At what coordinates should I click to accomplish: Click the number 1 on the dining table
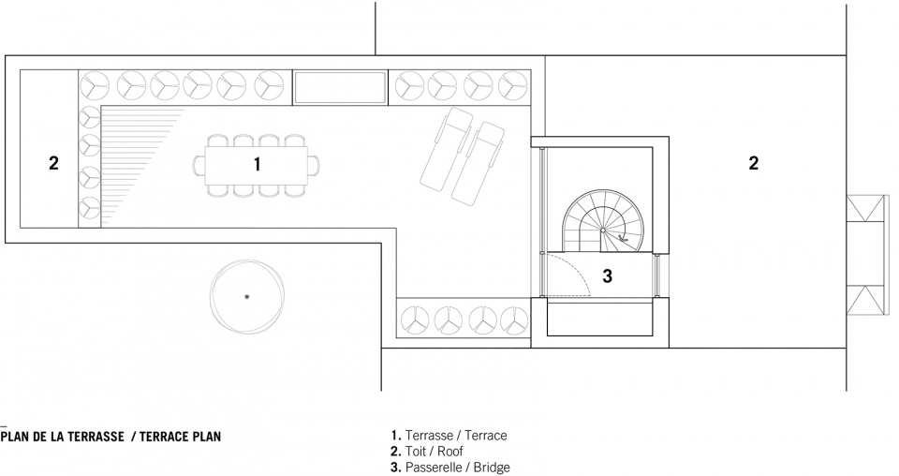coord(258,164)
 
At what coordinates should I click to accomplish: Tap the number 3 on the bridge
coord(607,276)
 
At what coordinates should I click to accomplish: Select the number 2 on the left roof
coord(53,163)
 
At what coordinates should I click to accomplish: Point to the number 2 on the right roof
coord(753,163)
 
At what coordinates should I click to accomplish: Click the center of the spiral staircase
coord(603,230)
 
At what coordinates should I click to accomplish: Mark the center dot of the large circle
coord(246,296)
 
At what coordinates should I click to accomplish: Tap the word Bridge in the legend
coord(492,468)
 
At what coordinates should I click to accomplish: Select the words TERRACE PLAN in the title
coord(180,437)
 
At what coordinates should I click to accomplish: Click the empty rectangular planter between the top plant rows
coord(340,88)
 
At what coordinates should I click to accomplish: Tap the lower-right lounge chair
coord(478,162)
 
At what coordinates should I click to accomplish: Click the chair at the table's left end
coord(199,164)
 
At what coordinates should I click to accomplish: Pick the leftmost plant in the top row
coord(95,86)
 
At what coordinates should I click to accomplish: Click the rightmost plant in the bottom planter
coord(514,320)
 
